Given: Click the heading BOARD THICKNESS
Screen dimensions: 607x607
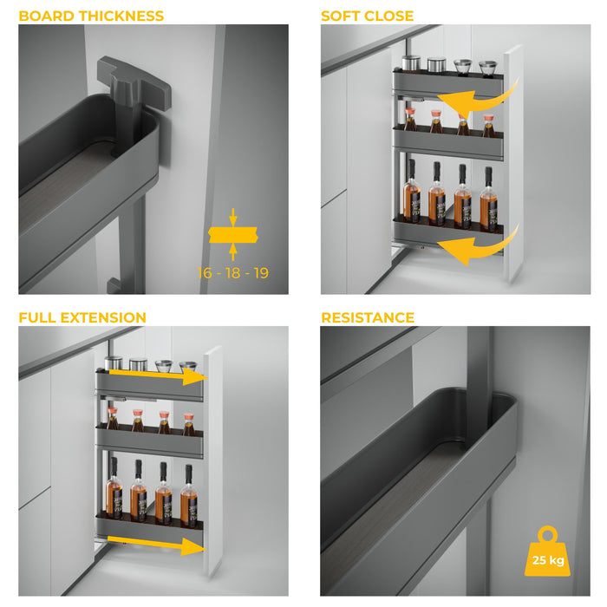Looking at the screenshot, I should pos(91,16).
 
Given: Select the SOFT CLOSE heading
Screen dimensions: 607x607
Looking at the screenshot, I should pos(367,16).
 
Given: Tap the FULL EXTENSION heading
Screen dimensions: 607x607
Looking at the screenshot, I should pos(82,317).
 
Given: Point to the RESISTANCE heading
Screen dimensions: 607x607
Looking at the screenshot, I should pos(368,317).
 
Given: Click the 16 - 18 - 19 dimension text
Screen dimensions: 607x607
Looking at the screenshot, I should pos(233,273).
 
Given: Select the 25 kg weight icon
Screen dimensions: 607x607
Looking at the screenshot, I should pos(547,552).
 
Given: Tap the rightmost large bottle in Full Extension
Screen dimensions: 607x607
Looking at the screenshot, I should pos(188,495).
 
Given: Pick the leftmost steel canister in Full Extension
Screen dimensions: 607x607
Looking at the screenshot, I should pos(113,364).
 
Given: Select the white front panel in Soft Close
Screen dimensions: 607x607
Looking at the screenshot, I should pos(513,165).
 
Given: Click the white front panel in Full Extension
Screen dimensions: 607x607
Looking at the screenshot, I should pos(213,460).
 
